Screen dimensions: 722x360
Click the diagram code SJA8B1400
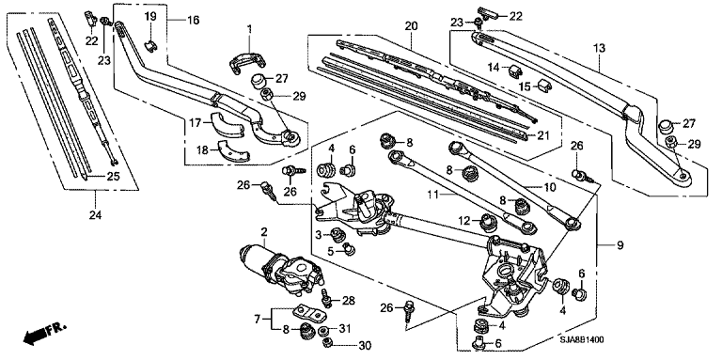pyautogui.click(x=582, y=339)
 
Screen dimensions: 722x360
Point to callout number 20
pyautogui.click(x=411, y=26)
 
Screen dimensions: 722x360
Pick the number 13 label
pyautogui.click(x=599, y=48)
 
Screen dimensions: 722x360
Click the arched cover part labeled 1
pyautogui.click(x=248, y=63)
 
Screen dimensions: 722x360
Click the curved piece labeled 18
pyautogui.click(x=234, y=152)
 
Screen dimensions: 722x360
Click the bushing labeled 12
pyautogui.click(x=488, y=222)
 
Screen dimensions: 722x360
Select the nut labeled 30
pyautogui.click(x=326, y=343)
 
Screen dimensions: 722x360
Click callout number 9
pyautogui.click(x=620, y=246)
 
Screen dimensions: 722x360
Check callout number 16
pyautogui.click(x=194, y=21)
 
